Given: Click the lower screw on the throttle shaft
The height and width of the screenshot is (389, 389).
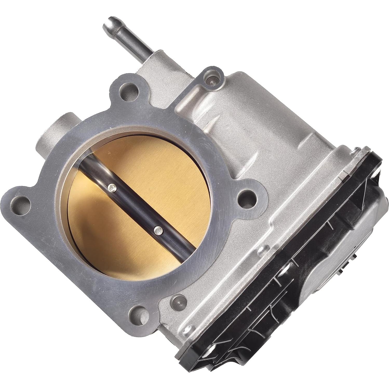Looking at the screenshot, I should click(x=158, y=230).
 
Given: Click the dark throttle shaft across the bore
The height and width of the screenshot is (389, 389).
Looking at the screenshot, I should click(x=135, y=208).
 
